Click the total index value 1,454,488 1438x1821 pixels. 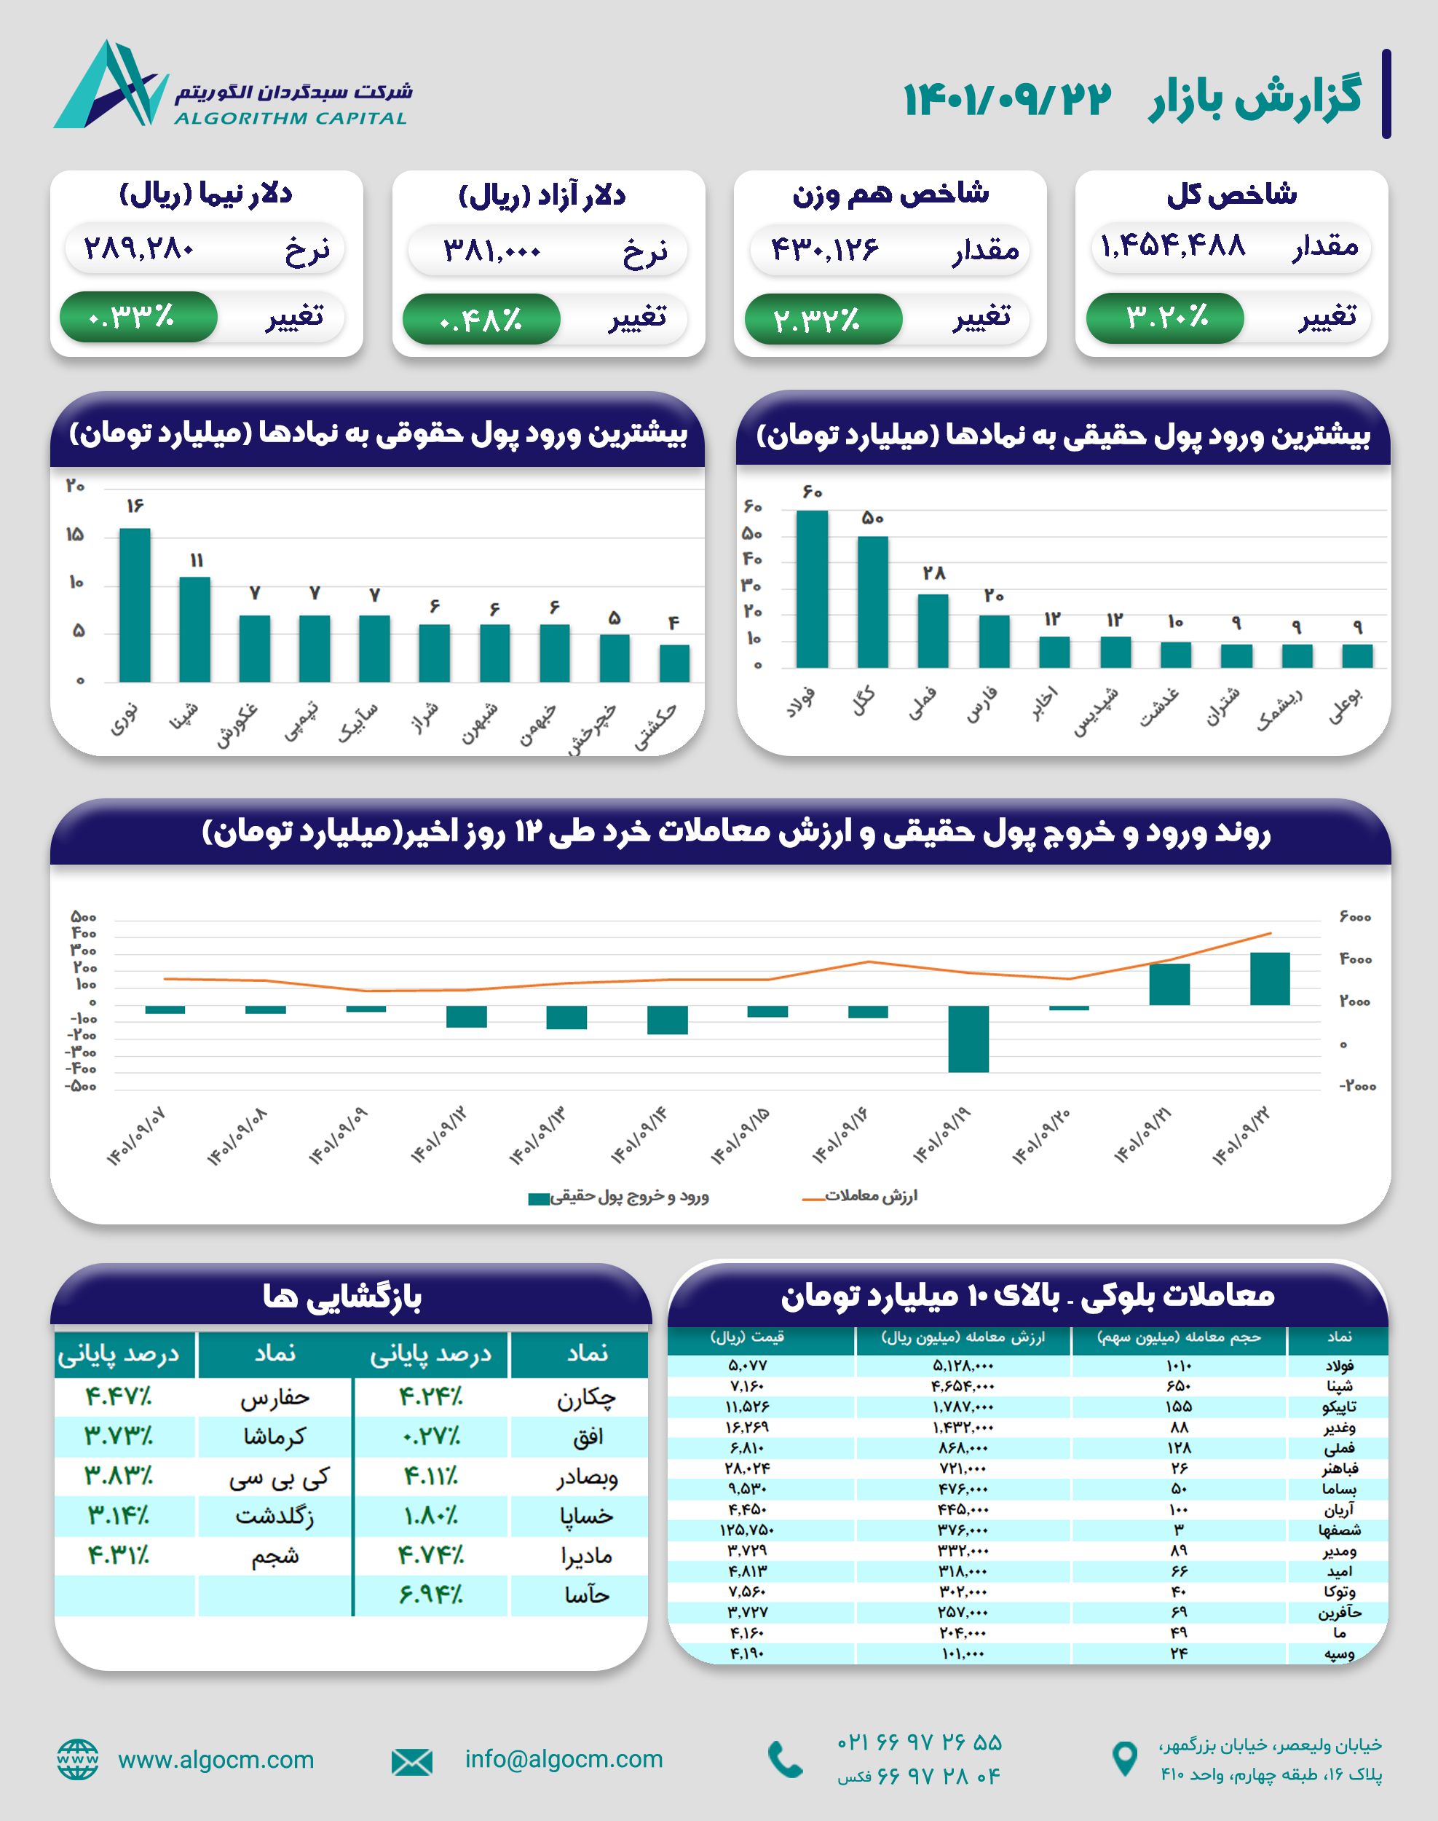(1173, 246)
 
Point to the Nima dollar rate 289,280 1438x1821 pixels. (140, 248)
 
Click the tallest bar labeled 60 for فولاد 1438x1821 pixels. (812, 588)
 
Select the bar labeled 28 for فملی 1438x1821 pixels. (933, 630)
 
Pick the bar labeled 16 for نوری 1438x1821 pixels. (135, 604)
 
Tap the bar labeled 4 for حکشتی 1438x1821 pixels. (674, 662)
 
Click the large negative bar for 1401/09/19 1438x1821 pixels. (968, 1038)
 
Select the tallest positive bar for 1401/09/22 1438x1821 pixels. (1270, 978)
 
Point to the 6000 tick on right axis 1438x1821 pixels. (1356, 916)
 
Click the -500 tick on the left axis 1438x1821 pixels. (82, 1087)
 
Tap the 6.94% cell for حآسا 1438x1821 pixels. (430, 1594)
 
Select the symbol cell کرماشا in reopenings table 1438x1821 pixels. (274, 1436)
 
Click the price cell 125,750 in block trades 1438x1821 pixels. (747, 1530)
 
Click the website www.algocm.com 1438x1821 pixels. (216, 1760)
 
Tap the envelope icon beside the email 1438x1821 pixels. (411, 1761)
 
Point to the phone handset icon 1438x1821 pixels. (786, 1760)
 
